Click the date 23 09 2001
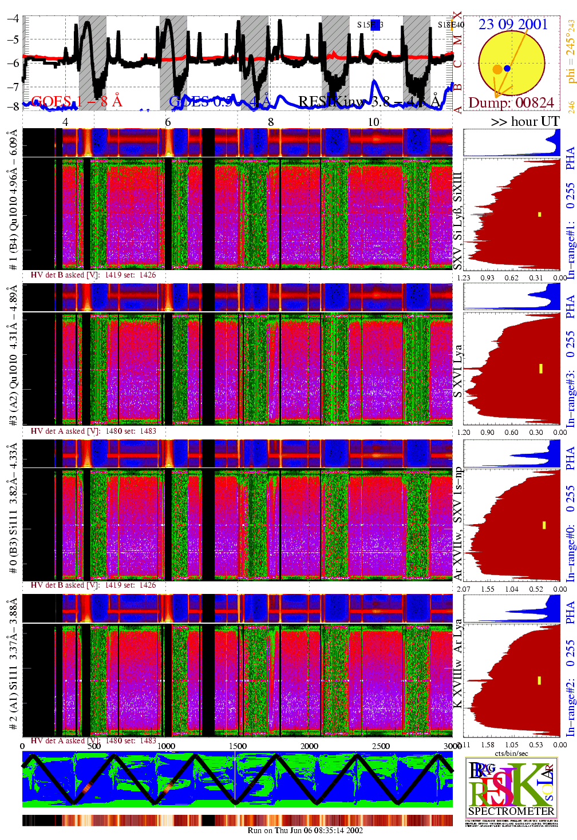[513, 24]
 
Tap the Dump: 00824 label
[511, 102]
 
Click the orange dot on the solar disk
[497, 69]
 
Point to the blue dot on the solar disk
[507, 68]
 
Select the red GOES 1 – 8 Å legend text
[77, 102]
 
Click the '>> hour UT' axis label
[525, 121]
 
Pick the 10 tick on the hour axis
[373, 122]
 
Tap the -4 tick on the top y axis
[13, 18]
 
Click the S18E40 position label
[451, 25]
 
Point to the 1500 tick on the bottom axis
[238, 746]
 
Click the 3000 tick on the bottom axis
[452, 746]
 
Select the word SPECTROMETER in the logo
[511, 811]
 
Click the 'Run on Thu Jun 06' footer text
[305, 830]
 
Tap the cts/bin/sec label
[512, 753]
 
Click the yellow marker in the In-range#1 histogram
[539, 215]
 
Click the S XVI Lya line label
[457, 371]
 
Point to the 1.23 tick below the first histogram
[463, 278]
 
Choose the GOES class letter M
[457, 40]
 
